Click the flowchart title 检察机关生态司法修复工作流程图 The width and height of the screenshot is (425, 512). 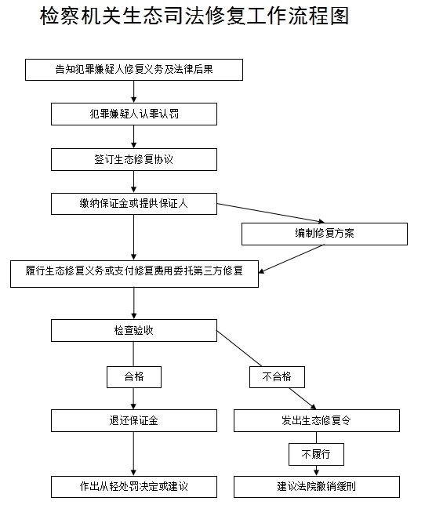point(194,16)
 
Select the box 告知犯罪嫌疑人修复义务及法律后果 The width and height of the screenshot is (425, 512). point(134,70)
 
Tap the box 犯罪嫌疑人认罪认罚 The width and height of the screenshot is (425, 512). point(134,114)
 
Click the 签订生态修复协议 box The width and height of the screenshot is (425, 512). point(134,159)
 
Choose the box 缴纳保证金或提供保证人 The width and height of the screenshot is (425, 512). point(134,204)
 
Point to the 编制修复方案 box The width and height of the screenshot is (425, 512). point(325,234)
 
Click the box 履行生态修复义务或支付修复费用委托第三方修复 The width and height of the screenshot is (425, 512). point(134,274)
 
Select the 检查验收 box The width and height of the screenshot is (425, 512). point(134,330)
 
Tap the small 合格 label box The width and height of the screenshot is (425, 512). point(134,377)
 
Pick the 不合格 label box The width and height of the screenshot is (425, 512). point(277,377)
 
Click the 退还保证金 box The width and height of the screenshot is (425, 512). point(134,420)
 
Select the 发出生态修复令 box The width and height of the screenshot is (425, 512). point(317,420)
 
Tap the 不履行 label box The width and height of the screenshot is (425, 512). point(316,454)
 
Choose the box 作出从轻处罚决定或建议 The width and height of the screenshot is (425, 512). point(134,487)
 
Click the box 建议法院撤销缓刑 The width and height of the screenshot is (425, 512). point(317,487)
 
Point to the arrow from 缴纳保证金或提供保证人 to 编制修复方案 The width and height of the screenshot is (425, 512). point(271,213)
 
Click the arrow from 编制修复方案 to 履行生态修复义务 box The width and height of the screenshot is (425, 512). point(292,259)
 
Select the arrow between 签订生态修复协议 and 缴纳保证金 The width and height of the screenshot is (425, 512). point(133,182)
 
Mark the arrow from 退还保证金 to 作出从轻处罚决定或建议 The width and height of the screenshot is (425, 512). point(133,454)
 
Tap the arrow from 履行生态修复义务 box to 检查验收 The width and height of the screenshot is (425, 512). point(133,303)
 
